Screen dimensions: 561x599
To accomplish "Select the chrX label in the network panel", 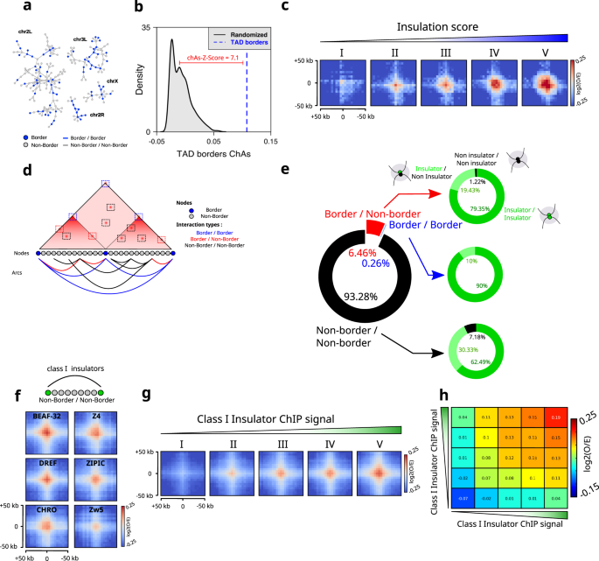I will (112, 81).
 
